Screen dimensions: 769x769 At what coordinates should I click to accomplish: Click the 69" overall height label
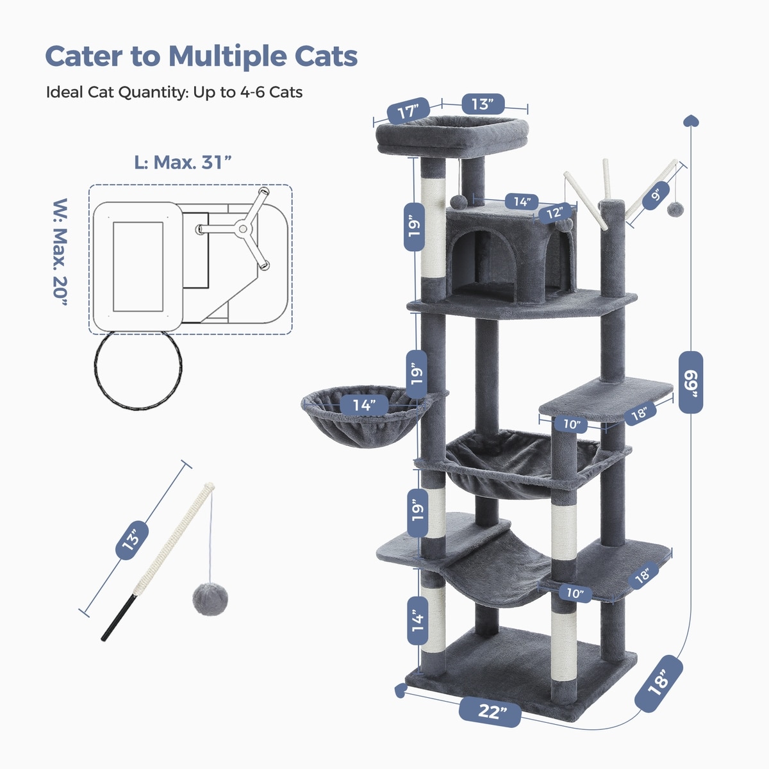[691, 383]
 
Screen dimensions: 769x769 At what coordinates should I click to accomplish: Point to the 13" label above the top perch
[483, 104]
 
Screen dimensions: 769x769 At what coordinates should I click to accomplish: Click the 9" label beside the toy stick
[656, 195]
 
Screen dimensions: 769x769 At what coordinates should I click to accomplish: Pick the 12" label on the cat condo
[555, 213]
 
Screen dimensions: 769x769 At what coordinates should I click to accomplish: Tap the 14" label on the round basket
[364, 406]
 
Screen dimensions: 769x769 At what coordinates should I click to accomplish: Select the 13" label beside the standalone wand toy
[132, 540]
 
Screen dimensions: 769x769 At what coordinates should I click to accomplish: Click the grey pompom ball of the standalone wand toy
[210, 599]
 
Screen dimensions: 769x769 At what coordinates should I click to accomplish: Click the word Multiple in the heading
[227, 56]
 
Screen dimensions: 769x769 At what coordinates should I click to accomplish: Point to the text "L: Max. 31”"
[183, 162]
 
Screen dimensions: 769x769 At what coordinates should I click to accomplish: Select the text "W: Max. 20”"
[60, 252]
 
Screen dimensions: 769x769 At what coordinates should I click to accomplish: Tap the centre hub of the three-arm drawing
[242, 229]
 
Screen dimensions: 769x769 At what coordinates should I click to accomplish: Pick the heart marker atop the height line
[691, 120]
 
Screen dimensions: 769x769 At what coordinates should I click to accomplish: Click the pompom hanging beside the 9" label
[675, 209]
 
